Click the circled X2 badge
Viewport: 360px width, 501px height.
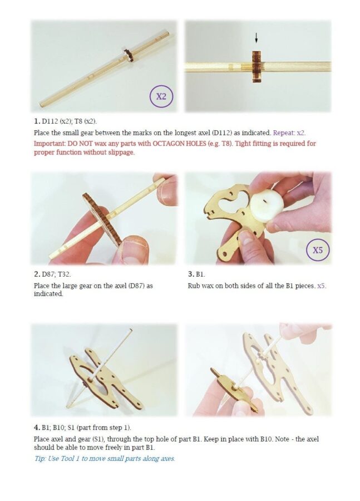pyautogui.click(x=161, y=96)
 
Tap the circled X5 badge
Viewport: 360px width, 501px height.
pyautogui.click(x=317, y=250)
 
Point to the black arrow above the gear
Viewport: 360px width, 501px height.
pyautogui.click(x=256, y=38)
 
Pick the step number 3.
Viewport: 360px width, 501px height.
pyautogui.click(x=191, y=274)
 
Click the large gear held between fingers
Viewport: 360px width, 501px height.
pyautogui.click(x=102, y=218)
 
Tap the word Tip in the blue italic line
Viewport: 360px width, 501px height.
pyautogui.click(x=40, y=459)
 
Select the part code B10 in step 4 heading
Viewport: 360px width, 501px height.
pyautogui.click(x=59, y=427)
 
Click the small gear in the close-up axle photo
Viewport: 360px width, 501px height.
pyautogui.click(x=257, y=66)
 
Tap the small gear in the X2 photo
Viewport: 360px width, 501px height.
pyautogui.click(x=129, y=55)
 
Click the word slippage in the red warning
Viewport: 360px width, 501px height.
pyautogui.click(x=120, y=153)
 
